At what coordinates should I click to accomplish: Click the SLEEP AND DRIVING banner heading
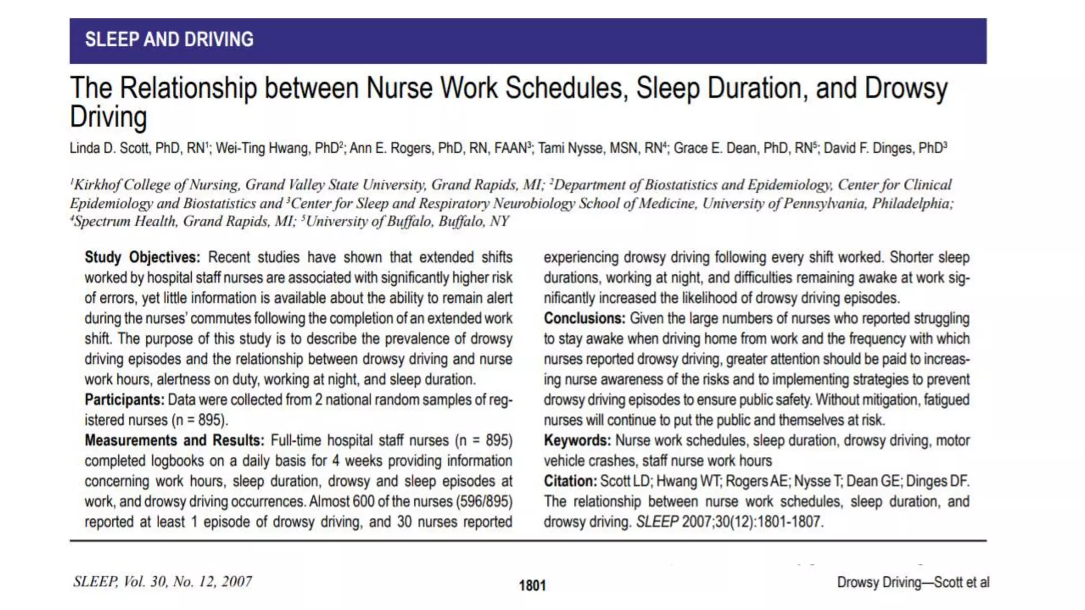pyautogui.click(x=169, y=40)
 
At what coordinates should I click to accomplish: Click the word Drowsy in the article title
pyautogui.click(x=905, y=88)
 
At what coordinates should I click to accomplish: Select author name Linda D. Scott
pyautogui.click(x=110, y=148)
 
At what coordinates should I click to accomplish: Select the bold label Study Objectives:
pyautogui.click(x=142, y=257)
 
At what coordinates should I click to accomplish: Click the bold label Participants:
pyautogui.click(x=124, y=400)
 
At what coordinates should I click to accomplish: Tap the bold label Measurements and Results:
pyautogui.click(x=174, y=441)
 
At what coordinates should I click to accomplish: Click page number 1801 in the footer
pyautogui.click(x=532, y=585)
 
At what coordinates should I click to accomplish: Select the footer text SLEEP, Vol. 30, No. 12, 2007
pyautogui.click(x=163, y=582)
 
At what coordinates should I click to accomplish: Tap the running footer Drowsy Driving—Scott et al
pyautogui.click(x=913, y=582)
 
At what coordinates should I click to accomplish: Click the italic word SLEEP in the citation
pyautogui.click(x=657, y=522)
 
